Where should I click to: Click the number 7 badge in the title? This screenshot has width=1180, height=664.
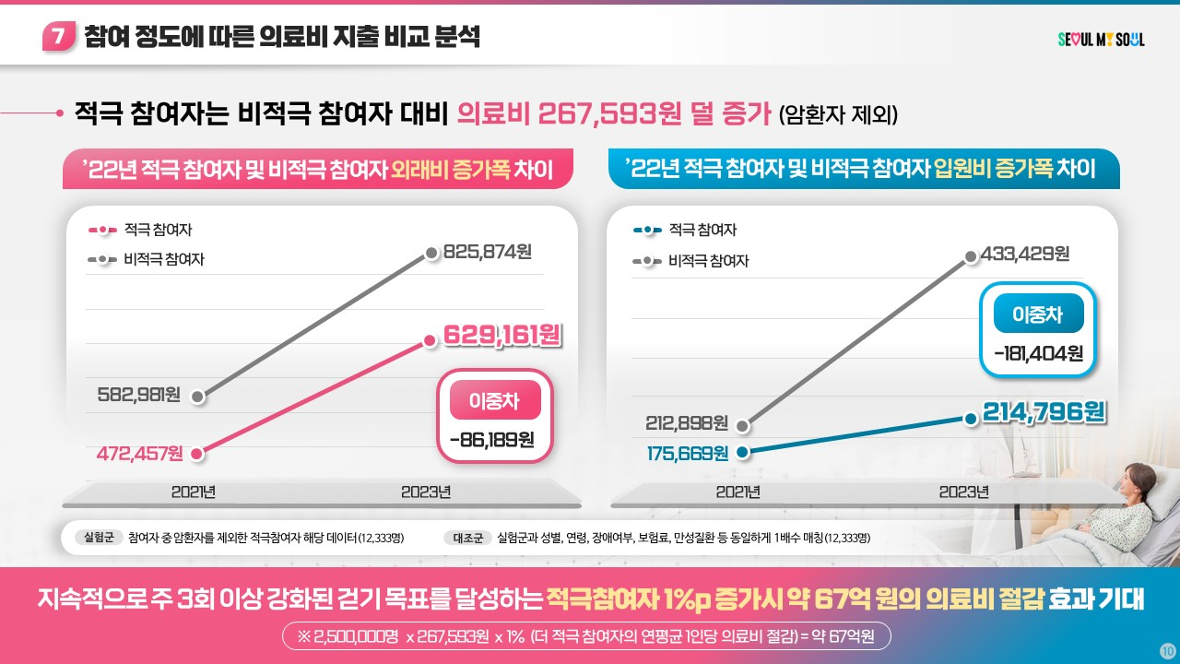pyautogui.click(x=58, y=38)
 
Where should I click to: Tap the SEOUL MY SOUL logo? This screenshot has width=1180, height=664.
pyautogui.click(x=1101, y=40)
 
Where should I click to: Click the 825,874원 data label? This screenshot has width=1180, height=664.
pyautogui.click(x=488, y=252)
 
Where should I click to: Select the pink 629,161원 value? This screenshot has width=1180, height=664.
pyautogui.click(x=502, y=335)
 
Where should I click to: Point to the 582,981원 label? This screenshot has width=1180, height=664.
pyautogui.click(x=137, y=396)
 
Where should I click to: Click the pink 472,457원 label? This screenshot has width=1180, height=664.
pyautogui.click(x=139, y=453)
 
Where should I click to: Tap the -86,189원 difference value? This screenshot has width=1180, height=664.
pyautogui.click(x=492, y=439)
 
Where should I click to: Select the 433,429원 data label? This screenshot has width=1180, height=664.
pyautogui.click(x=1025, y=254)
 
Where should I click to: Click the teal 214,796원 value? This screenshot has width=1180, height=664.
pyautogui.click(x=1044, y=412)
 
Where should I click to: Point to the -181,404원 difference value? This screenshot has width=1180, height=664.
pyautogui.click(x=1038, y=353)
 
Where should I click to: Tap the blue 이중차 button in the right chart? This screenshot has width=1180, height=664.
pyautogui.click(x=1038, y=315)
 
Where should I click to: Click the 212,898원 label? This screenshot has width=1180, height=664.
pyautogui.click(x=686, y=423)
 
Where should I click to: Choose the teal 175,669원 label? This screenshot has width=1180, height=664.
pyautogui.click(x=686, y=453)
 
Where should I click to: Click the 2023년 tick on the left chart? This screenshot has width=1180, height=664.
pyautogui.click(x=426, y=492)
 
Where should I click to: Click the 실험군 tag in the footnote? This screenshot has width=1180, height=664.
pyautogui.click(x=99, y=538)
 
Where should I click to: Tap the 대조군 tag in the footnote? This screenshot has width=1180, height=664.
pyautogui.click(x=466, y=538)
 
